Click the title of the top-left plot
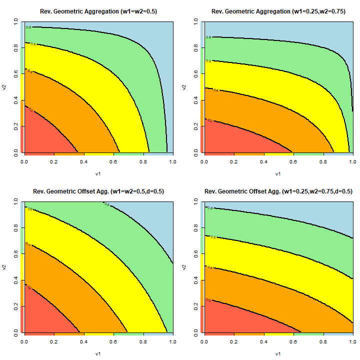98,11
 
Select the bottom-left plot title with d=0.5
98,191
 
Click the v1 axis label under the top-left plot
98,174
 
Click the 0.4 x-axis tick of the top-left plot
83,162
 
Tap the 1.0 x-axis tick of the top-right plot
352,162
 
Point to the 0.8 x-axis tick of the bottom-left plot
143,342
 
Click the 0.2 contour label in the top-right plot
210,120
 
